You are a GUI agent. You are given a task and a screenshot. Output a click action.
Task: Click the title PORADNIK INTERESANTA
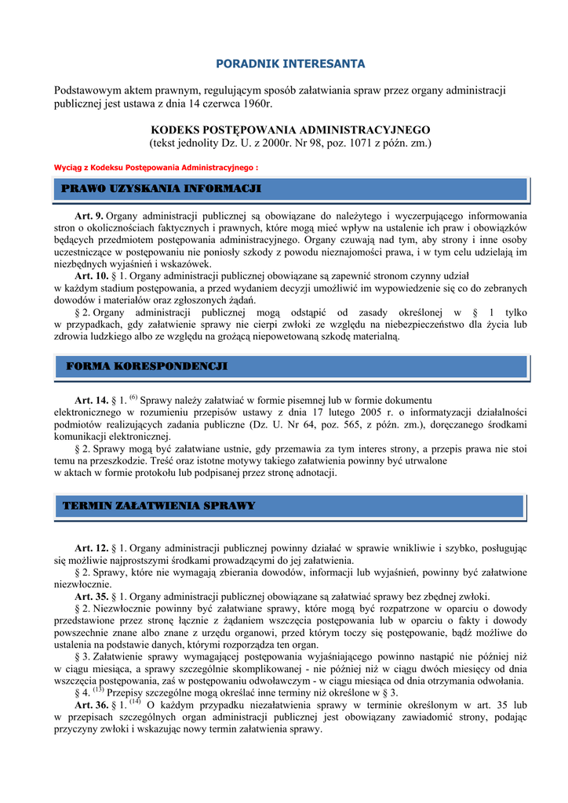coord(290,63)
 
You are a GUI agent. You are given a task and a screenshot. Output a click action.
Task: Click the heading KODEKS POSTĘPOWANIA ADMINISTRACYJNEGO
coord(290,129)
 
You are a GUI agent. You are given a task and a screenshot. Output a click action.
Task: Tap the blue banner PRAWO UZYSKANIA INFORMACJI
coord(162,189)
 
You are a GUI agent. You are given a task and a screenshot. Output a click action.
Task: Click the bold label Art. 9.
coord(89,216)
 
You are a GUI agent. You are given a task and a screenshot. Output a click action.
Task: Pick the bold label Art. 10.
coord(91,276)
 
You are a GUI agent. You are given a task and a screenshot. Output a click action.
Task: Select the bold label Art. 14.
coord(91,400)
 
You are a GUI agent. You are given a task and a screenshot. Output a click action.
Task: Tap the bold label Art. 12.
coord(91,547)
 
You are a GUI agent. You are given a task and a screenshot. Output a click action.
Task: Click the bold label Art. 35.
coord(91,596)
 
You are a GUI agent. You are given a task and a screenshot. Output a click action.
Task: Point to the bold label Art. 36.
coord(91,706)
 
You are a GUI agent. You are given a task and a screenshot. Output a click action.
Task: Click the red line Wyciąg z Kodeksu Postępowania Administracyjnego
coord(155,168)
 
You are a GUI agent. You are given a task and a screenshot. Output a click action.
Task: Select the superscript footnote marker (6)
coord(133,397)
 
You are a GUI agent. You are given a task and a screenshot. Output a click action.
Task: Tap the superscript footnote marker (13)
coord(98,690)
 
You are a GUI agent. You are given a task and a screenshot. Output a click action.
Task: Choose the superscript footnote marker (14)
coord(134,702)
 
